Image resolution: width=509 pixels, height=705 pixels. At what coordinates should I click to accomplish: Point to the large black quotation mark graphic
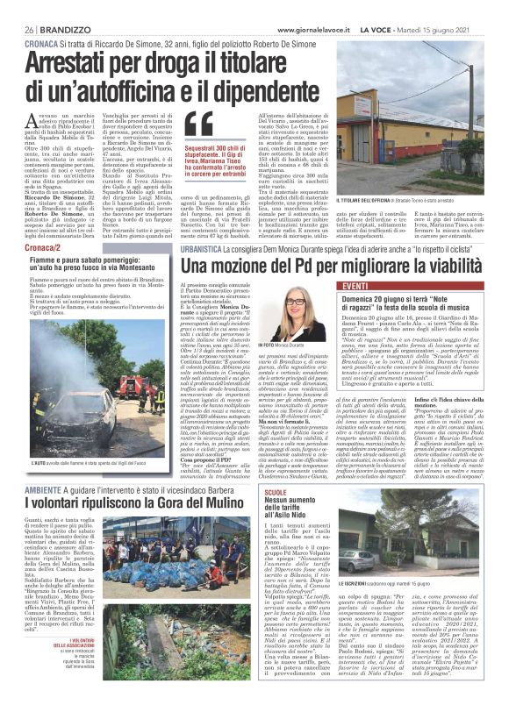click(198, 125)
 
